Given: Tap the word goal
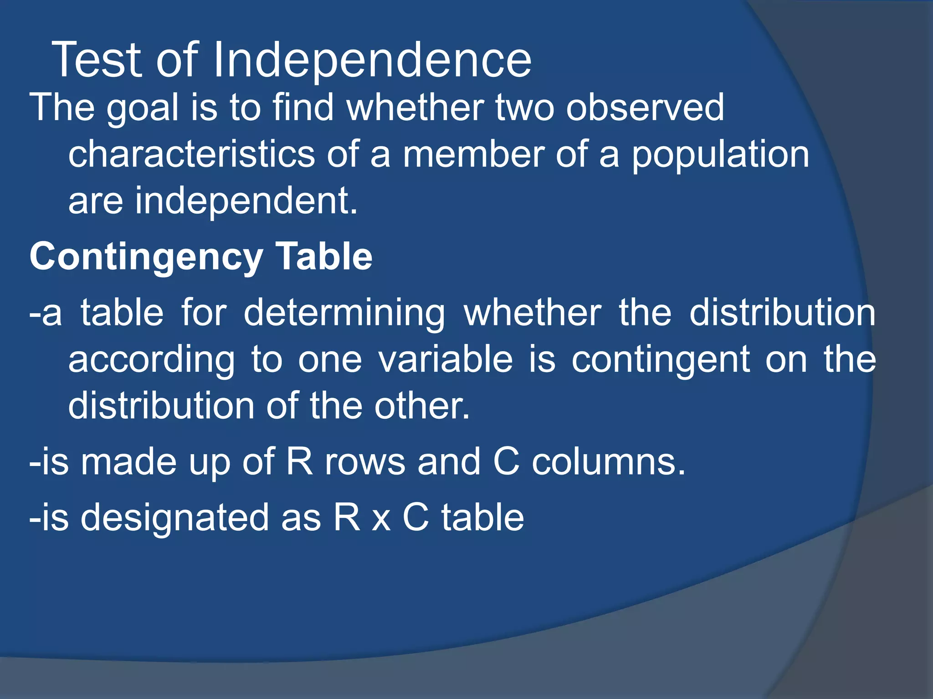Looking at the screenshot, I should [143, 108].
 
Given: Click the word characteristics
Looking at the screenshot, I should [191, 154].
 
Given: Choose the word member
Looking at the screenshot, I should [473, 154].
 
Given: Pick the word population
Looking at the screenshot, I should [720, 155].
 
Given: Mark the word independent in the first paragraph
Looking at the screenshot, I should [246, 201].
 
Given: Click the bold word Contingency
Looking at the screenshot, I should [146, 257].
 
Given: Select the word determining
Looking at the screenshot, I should [344, 314].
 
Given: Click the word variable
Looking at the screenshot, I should [446, 360].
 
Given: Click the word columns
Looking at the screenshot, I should [609, 462].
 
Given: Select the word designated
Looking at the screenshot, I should [175, 518].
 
